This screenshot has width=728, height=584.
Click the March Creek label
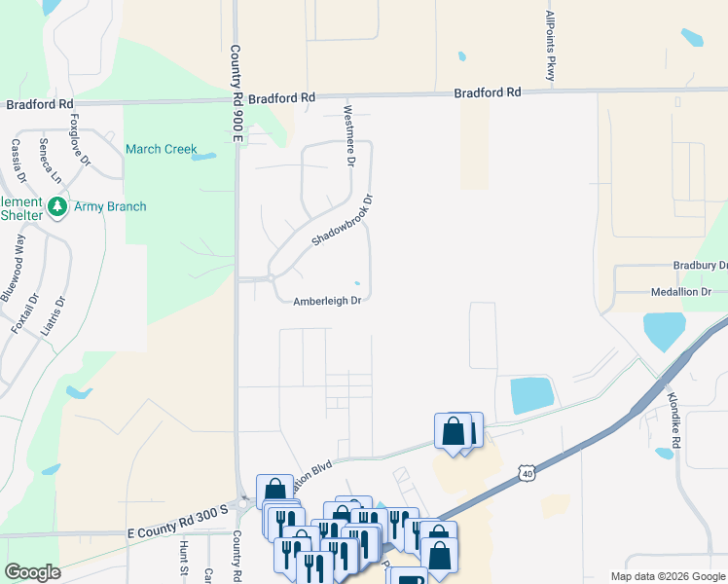(x=161, y=149)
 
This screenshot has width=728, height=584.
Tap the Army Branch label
(x=112, y=206)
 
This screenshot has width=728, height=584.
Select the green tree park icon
(x=57, y=207)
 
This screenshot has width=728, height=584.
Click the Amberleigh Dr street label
(x=328, y=302)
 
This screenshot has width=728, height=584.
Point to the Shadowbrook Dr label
(x=343, y=219)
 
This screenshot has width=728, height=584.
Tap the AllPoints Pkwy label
(x=551, y=47)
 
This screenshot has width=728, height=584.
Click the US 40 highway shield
(x=527, y=473)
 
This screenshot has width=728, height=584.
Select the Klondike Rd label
(x=673, y=408)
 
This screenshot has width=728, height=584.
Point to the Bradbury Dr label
(x=700, y=266)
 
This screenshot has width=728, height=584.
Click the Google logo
(x=32, y=572)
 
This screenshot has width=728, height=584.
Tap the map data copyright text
(x=667, y=576)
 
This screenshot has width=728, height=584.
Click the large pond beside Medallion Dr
(x=664, y=331)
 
